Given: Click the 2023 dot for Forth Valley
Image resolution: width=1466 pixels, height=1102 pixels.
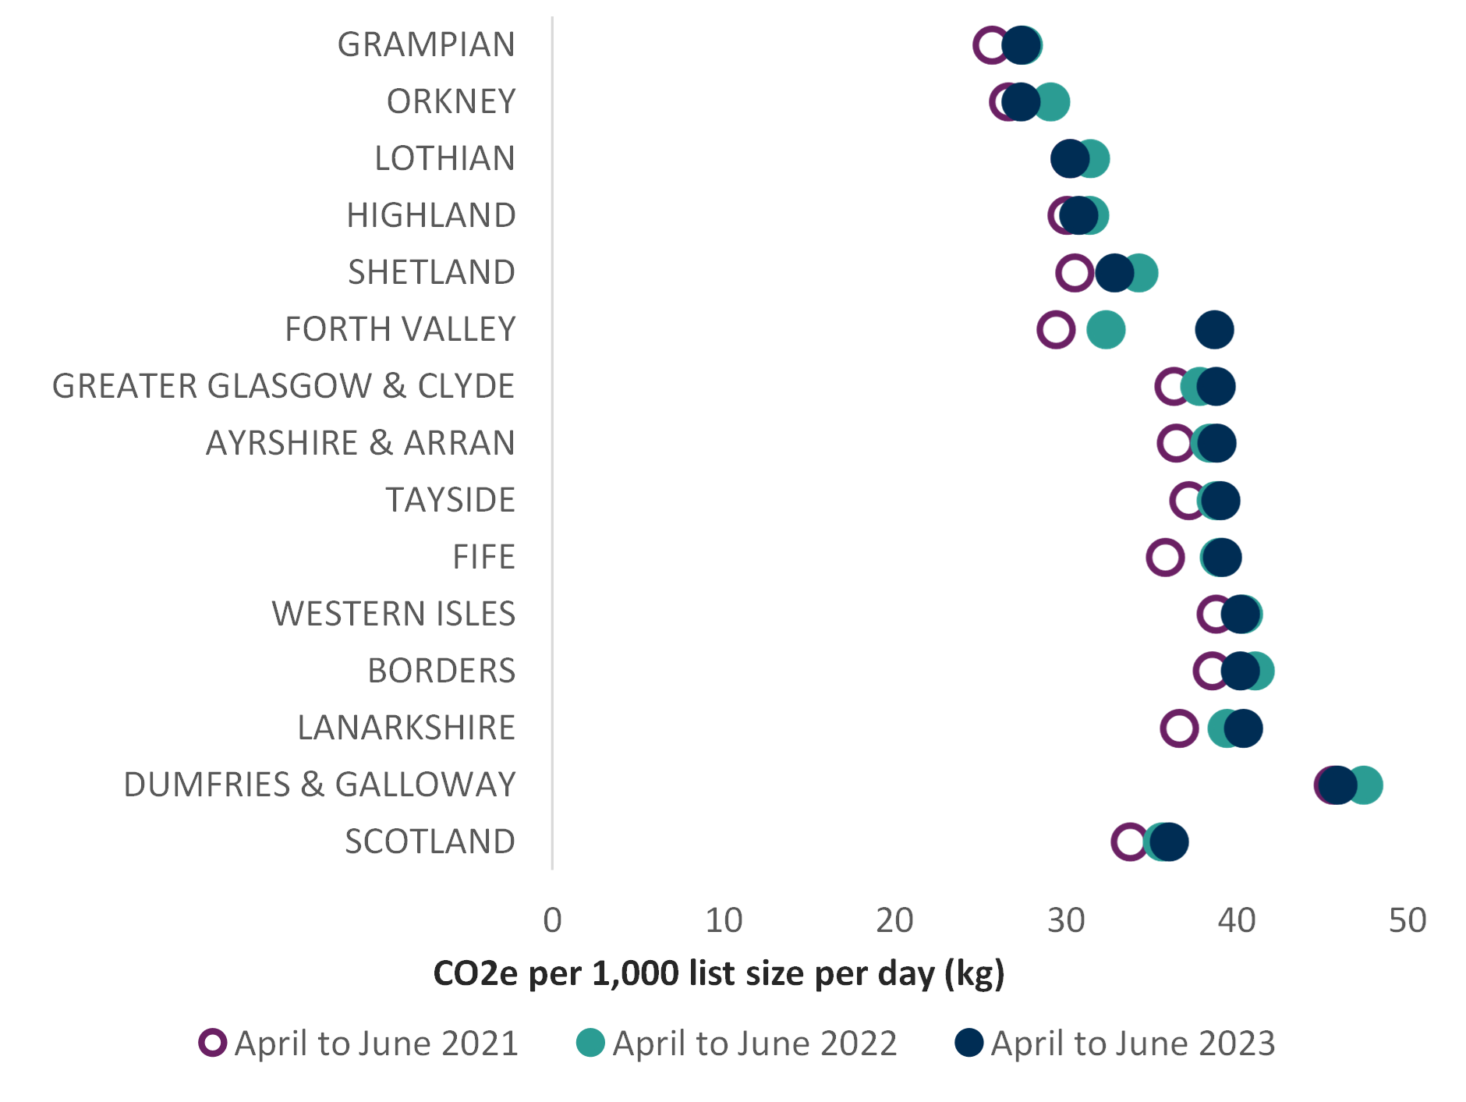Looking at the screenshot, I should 1214,329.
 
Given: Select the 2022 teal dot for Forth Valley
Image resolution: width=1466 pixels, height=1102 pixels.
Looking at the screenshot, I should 1106,329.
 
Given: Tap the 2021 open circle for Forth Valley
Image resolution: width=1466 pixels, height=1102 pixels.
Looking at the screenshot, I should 1056,329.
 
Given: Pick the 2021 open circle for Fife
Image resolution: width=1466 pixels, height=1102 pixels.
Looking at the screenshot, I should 1165,557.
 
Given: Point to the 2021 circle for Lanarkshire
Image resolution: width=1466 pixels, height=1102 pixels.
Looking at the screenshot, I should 1179,728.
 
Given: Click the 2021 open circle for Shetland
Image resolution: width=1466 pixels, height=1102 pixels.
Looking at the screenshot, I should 1075,272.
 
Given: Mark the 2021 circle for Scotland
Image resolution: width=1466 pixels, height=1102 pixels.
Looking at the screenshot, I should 1130,842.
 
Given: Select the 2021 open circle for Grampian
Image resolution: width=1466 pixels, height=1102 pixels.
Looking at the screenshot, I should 991,44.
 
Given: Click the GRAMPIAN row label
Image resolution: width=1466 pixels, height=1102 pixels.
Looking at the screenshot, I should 426,44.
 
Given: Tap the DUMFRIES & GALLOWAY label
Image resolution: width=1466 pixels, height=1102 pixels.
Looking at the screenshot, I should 320,785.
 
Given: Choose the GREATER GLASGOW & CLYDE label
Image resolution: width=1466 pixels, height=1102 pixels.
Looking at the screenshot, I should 284,386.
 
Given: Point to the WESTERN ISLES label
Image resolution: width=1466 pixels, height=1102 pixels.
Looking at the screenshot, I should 394,614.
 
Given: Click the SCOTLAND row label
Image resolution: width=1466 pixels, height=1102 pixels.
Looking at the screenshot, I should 430,842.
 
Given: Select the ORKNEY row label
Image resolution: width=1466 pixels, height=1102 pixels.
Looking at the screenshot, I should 451,101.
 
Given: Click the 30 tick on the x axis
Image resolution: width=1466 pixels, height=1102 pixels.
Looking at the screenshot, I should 1066,921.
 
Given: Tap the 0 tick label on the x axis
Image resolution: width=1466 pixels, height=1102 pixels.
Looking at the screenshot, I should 552,921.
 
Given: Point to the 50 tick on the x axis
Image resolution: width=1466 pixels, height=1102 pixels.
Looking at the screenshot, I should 1408,921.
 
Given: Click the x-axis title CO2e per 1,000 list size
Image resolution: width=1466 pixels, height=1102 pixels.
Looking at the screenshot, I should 718,974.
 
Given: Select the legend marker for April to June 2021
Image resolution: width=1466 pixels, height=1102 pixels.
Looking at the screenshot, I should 212,1043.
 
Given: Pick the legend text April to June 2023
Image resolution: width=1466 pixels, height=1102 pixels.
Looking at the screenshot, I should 1133,1044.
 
